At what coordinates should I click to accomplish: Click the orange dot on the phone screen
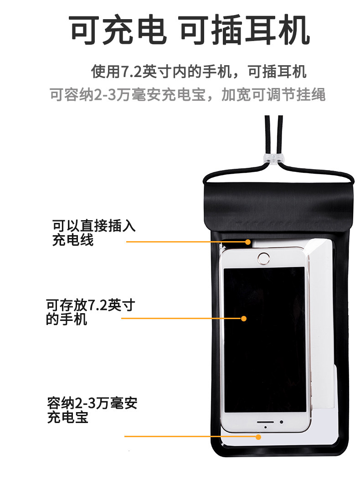[x=244, y=318]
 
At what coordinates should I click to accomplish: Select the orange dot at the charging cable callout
[x=248, y=242]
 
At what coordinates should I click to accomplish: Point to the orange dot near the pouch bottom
[x=258, y=437]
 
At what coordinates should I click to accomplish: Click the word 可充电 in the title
[x=118, y=31]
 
